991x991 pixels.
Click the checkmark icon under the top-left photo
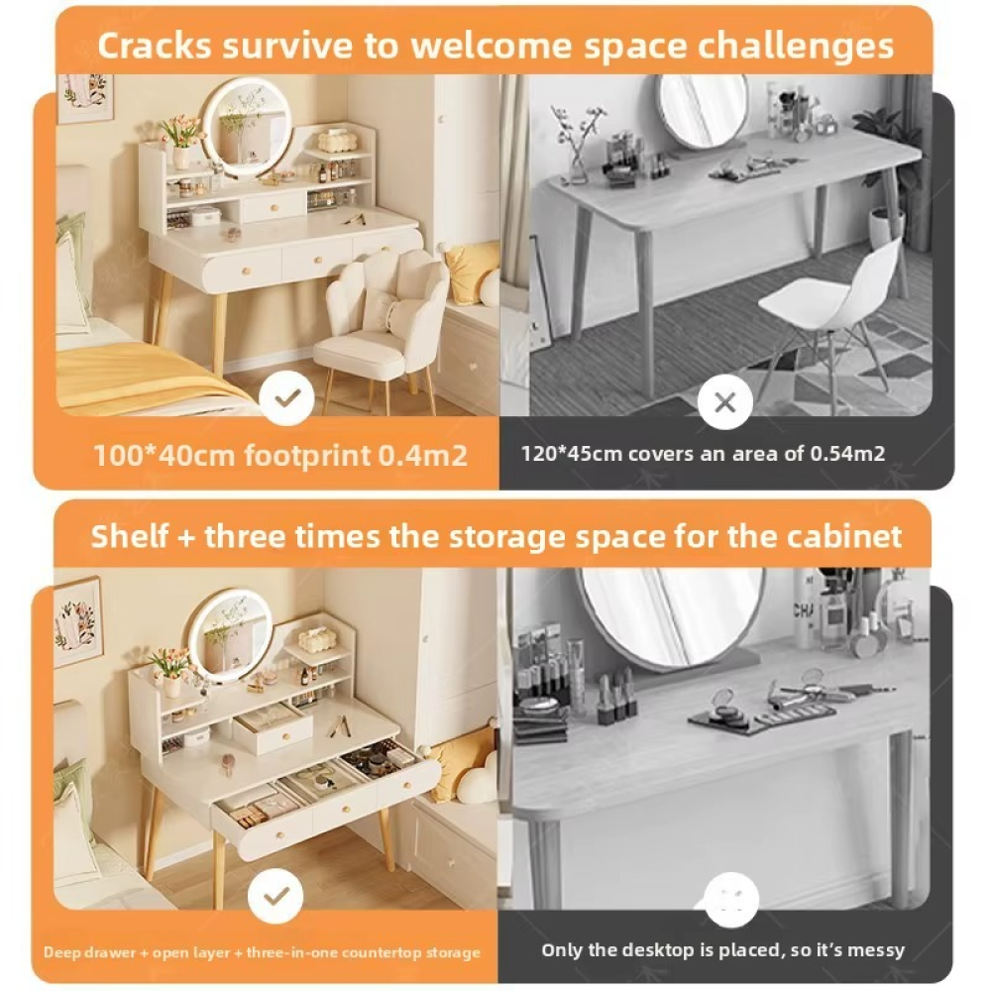click(x=287, y=398)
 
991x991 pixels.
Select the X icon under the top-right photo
click(x=725, y=402)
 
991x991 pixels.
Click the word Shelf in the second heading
click(x=130, y=536)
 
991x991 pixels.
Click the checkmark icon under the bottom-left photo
click(x=276, y=896)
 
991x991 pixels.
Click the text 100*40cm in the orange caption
click(x=164, y=455)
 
